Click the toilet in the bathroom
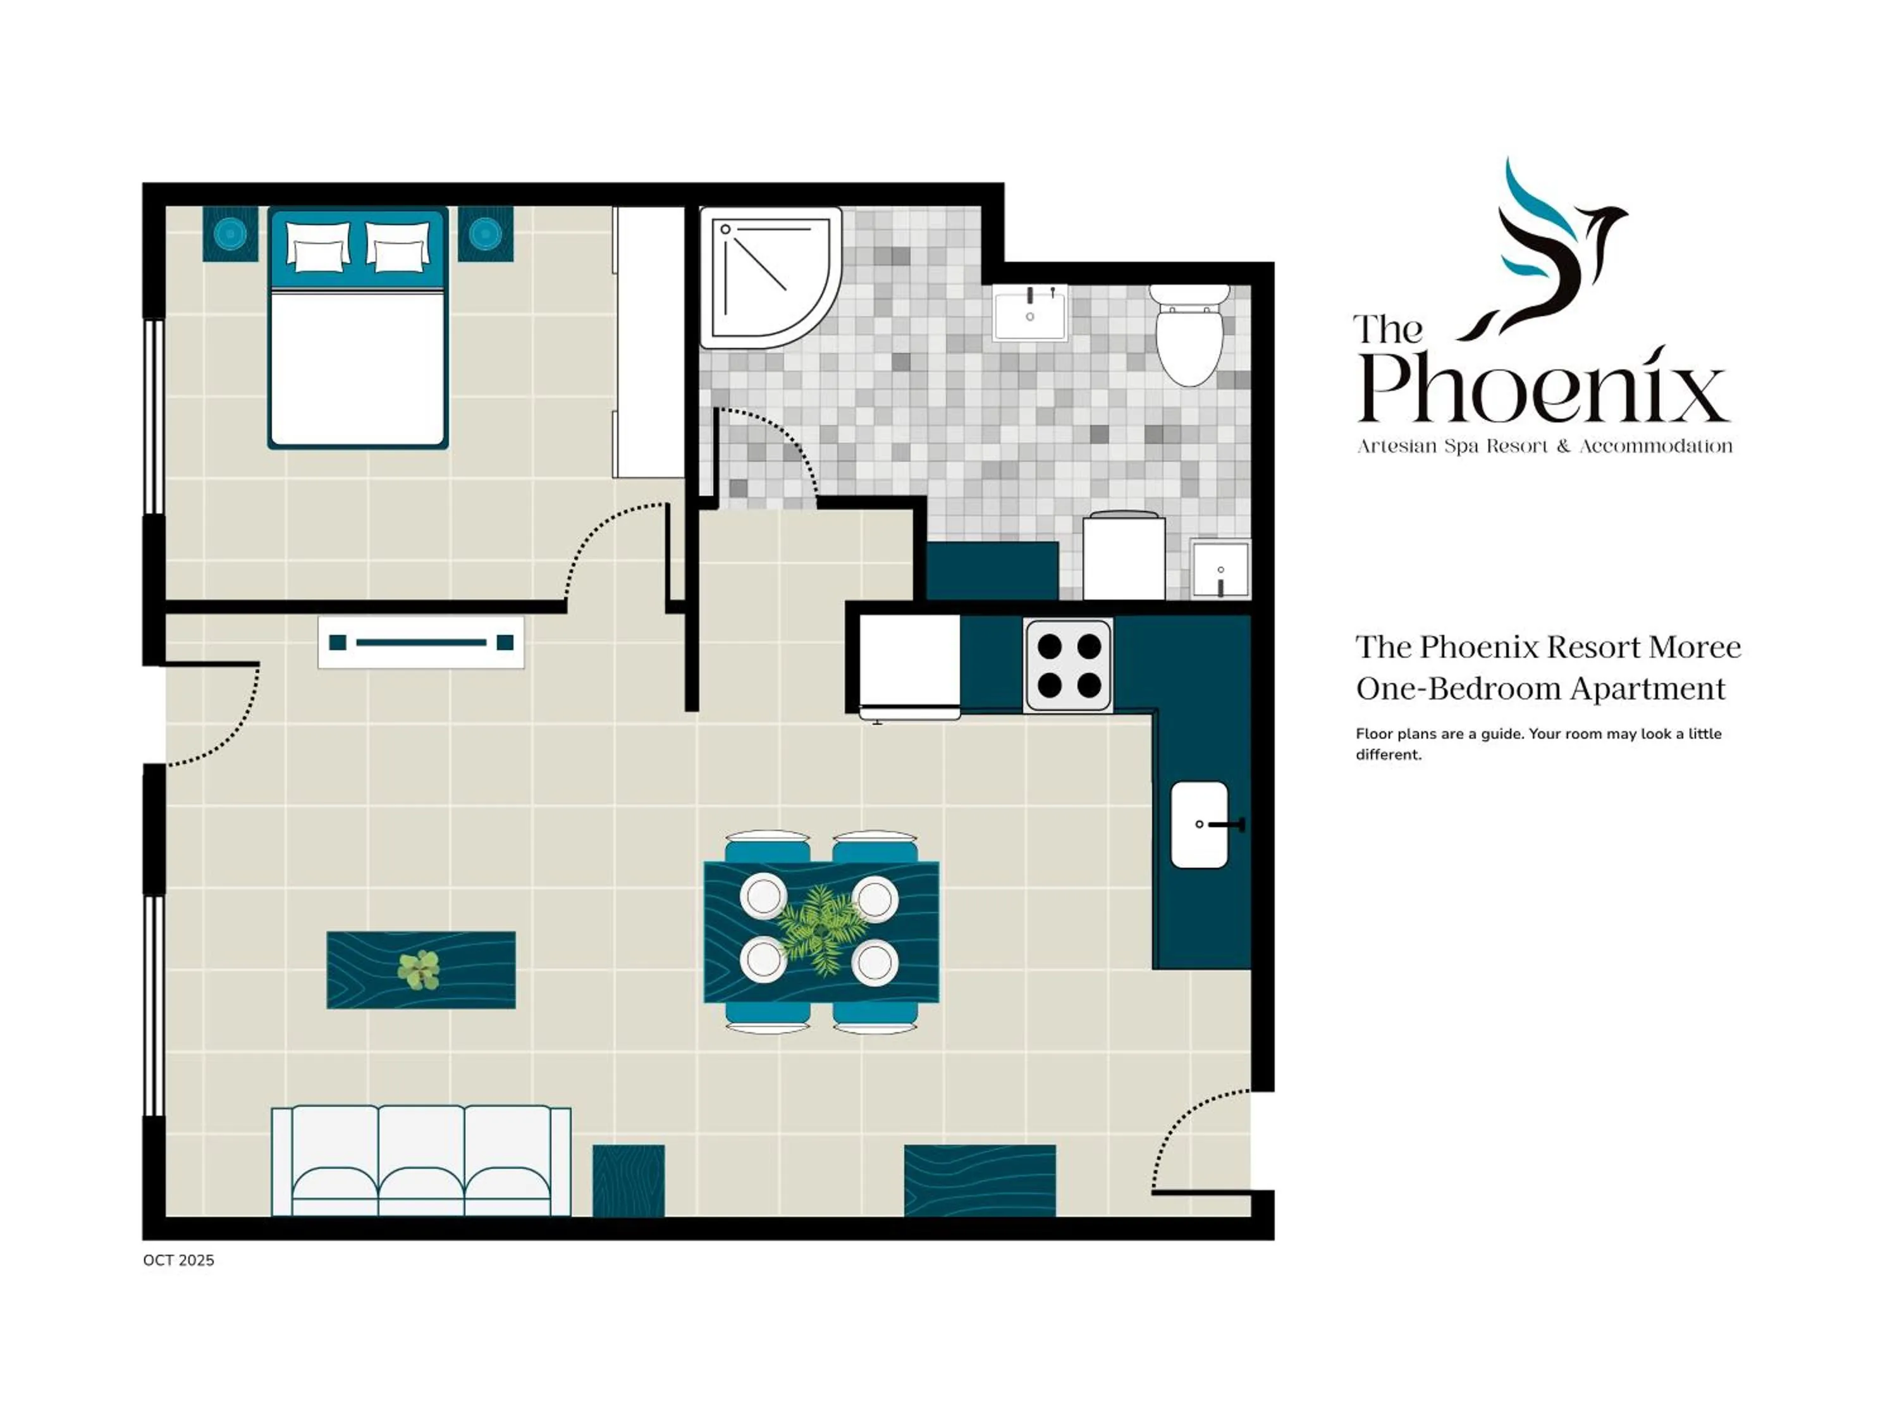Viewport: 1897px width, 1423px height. (1189, 339)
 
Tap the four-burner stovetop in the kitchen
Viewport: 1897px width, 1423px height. (1069, 665)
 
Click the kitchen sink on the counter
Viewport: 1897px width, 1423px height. (1199, 824)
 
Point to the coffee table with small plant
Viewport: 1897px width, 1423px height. (421, 970)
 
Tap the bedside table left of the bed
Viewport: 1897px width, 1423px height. (230, 233)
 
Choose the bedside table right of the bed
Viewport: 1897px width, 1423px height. (486, 233)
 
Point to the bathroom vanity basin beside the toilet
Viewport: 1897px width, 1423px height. (1030, 313)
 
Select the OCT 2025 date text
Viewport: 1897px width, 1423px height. (178, 1260)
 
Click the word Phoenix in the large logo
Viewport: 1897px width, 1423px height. (1544, 388)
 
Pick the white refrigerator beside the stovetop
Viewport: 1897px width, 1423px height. (910, 665)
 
